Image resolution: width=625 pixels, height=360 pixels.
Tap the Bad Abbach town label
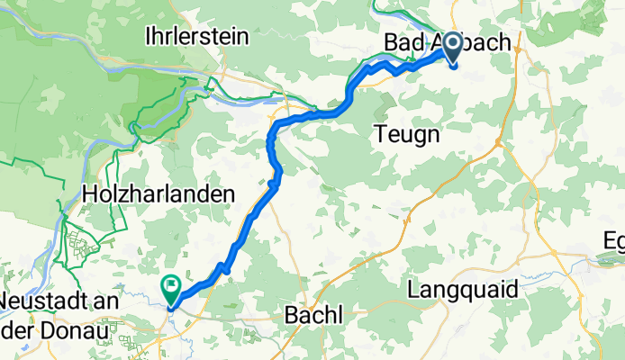tap(447, 42)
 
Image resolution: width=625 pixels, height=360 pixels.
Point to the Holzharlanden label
tap(158, 193)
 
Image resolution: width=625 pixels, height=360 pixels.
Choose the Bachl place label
tap(313, 316)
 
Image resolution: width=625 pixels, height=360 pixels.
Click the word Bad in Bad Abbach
tap(404, 42)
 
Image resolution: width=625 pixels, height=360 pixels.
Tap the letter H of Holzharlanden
tap(87, 193)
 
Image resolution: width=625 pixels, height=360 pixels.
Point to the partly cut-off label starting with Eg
tap(614, 241)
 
